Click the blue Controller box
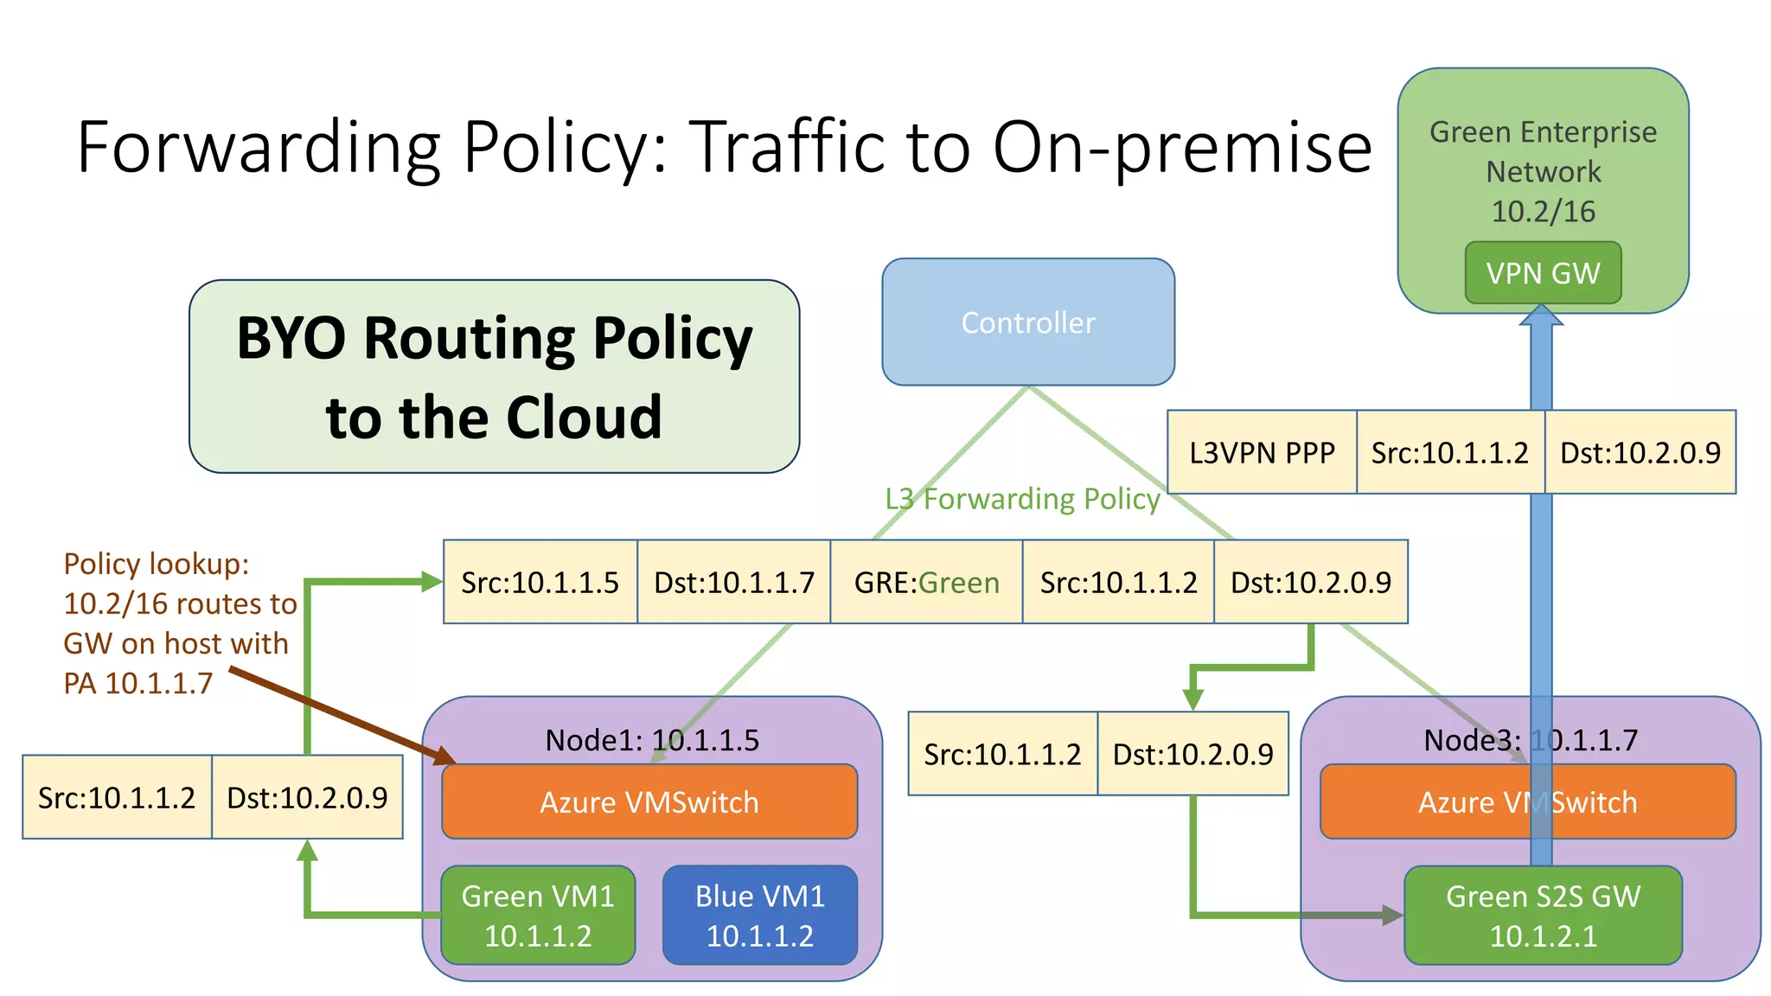click(1027, 322)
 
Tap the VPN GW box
click(1543, 273)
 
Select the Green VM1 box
click(538, 915)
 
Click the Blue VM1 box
click(760, 915)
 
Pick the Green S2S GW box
click(1543, 915)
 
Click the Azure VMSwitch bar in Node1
click(649, 802)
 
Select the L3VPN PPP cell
click(1262, 452)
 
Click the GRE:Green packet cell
click(926, 582)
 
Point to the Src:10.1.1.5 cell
click(540, 582)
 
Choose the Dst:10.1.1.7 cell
click(733, 582)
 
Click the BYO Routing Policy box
click(494, 376)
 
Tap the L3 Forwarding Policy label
click(1022, 499)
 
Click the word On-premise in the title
click(1181, 147)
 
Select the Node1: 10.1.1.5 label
click(651, 740)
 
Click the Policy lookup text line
click(156, 564)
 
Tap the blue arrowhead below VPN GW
click(1541, 316)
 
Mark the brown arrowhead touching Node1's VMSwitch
click(444, 757)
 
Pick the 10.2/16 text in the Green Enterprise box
click(1543, 211)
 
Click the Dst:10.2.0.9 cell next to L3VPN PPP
click(1640, 452)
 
